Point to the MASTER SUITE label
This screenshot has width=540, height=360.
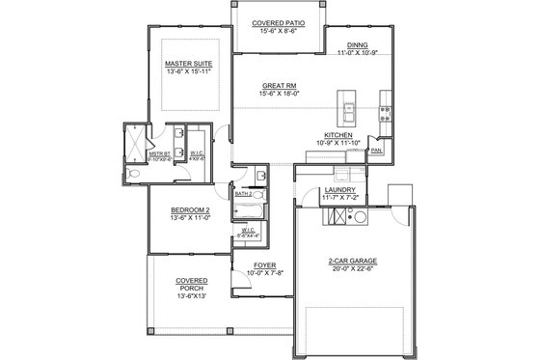189,64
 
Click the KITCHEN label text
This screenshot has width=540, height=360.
337,135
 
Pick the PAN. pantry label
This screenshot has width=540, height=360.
376,151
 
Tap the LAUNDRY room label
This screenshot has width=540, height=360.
340,190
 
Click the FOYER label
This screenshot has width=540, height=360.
265,263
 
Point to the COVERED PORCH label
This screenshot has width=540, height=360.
189,284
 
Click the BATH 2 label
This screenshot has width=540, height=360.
245,194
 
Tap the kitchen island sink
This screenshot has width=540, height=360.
344,100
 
